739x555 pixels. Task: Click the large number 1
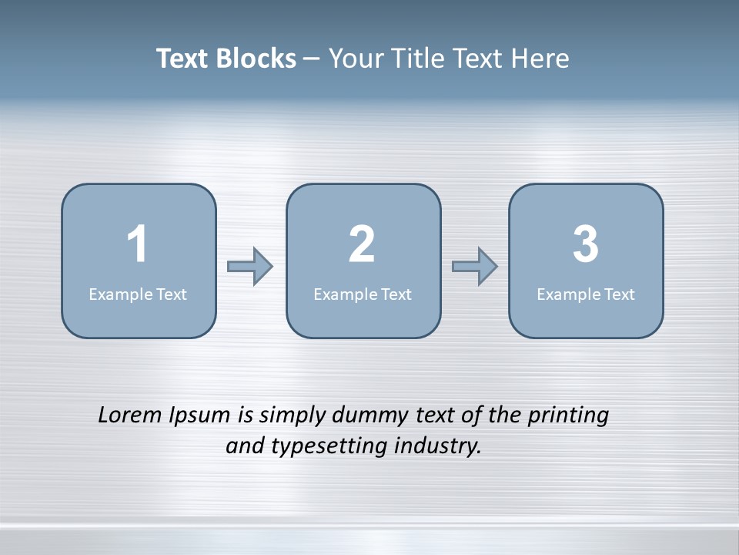click(x=137, y=244)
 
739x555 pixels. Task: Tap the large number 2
click(x=362, y=244)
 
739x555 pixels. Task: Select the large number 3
click(x=586, y=244)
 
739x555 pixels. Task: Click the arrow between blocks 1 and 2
click(x=251, y=267)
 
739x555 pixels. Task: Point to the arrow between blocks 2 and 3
click(x=475, y=267)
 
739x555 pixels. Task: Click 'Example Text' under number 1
click(x=138, y=294)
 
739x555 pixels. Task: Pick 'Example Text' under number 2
click(x=363, y=294)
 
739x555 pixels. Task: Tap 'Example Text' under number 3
click(x=586, y=294)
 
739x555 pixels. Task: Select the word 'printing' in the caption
click(x=568, y=415)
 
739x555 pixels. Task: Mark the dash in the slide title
click(x=312, y=59)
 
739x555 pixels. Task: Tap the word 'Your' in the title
click(x=357, y=59)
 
